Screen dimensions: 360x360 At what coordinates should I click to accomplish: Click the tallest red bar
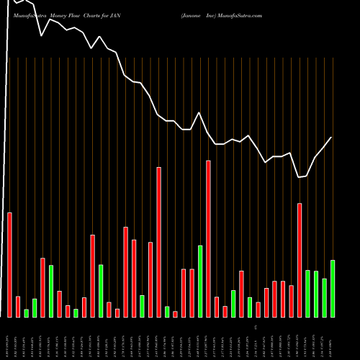pos(208,238)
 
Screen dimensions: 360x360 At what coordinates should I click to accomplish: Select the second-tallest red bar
pos(159,242)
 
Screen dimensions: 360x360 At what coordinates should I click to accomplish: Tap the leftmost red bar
pos(10,265)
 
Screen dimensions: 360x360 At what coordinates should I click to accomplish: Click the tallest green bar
pos(200,281)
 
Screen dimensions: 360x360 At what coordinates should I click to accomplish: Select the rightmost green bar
pos(333,288)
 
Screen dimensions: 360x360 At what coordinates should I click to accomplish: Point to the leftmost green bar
pos(27,313)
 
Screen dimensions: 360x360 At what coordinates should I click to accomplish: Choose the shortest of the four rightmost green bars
pos(324,297)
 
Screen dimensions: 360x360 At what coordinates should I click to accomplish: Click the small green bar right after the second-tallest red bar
pos(167,312)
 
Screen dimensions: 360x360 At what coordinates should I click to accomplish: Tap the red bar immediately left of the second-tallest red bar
pos(150,279)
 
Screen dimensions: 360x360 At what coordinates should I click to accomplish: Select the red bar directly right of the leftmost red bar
pos(18,307)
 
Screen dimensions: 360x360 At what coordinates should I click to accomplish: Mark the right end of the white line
pos(332,138)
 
